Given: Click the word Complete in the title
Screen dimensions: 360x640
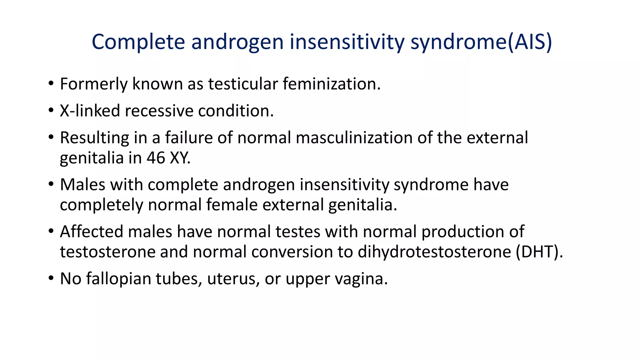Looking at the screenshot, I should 138,42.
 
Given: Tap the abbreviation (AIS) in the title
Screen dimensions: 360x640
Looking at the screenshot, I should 529,42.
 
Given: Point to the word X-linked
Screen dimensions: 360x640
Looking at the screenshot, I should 90,111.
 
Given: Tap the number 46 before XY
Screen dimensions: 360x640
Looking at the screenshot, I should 156,158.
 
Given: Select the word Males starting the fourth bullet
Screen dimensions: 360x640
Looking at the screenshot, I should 82,185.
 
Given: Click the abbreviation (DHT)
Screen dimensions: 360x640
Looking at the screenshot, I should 539,252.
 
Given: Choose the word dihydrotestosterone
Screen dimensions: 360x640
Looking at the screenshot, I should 434,252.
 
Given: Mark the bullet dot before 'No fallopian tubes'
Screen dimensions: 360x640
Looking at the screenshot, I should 51,278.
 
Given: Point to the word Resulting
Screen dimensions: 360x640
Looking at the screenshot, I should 94,138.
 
